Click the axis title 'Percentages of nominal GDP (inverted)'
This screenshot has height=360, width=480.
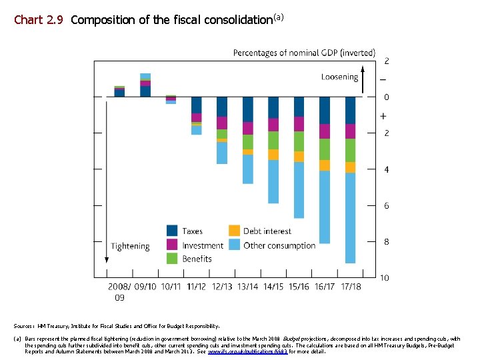[304, 53]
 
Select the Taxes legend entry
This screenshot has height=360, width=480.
[192, 231]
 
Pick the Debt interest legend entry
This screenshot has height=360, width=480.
[267, 231]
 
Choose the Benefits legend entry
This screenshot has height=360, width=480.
[197, 259]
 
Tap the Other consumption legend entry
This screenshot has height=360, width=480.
[279, 245]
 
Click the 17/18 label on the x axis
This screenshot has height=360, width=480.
[351, 287]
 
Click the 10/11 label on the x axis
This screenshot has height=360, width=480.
[171, 287]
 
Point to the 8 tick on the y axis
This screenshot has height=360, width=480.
[386, 242]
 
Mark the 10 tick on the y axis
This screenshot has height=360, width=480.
[385, 277]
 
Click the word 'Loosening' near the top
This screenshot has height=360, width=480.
[339, 77]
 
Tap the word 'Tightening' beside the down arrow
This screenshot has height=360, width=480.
[130, 246]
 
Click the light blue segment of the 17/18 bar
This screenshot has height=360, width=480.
[350, 217]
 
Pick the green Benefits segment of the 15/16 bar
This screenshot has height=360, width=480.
[299, 141]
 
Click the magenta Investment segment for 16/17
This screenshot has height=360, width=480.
[325, 131]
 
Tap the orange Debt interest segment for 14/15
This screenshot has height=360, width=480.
[273, 155]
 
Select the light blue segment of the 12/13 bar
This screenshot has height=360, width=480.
[222, 153]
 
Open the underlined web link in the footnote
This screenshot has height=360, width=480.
[247, 351]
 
